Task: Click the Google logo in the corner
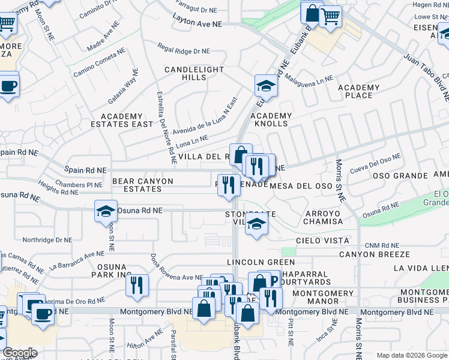click(20, 353)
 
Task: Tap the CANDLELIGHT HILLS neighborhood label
click(194, 74)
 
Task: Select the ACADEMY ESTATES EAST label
click(127, 121)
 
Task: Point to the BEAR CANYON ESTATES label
click(143, 185)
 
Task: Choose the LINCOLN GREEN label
click(261, 262)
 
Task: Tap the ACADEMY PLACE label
click(359, 92)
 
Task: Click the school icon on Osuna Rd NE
click(106, 211)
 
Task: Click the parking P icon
click(273, 280)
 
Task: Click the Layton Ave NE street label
click(197, 24)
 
